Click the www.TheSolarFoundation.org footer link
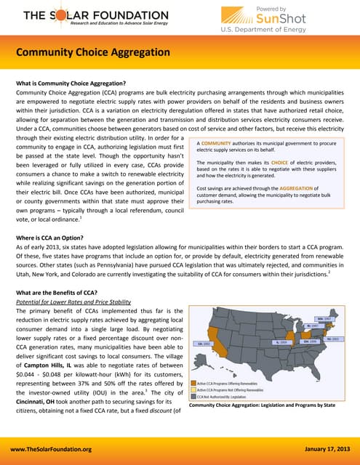coord(56,450)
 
